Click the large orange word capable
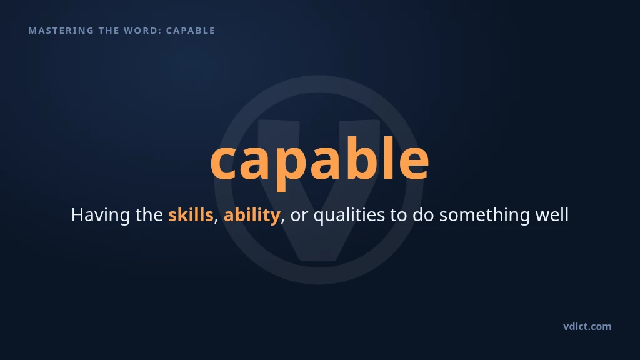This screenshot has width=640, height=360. pos(319,161)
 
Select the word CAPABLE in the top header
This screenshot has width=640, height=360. pos(191,31)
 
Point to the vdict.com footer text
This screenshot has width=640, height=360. pos(587,326)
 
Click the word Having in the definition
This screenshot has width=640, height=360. pos(101,215)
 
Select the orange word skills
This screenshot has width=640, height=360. pos(191,215)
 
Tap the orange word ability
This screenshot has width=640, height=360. pos(252,215)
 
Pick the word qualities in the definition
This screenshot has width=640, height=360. pos(349,215)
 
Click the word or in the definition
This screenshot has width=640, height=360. pos(299,216)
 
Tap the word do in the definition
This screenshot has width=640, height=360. pos(423,215)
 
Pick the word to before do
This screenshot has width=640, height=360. pos(399,216)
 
